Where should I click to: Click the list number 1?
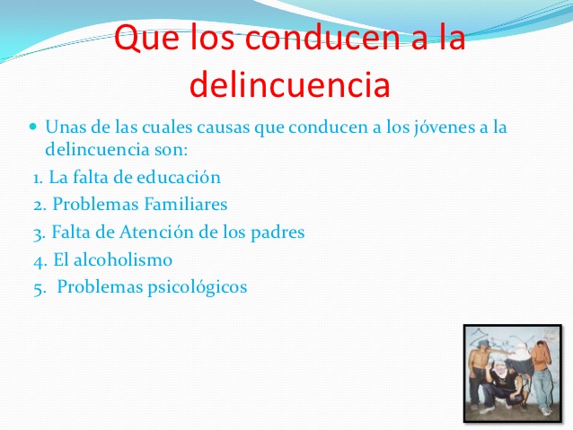pyautogui.click(x=37, y=177)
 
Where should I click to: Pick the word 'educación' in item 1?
pyautogui.click(x=181, y=177)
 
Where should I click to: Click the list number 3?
pyautogui.click(x=38, y=233)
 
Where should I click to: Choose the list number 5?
pyautogui.click(x=37, y=288)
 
